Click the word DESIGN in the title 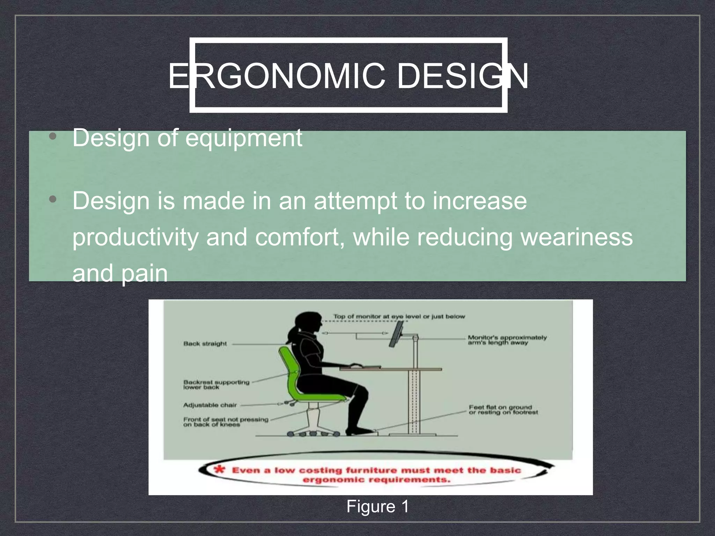pos(462,76)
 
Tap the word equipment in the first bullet pos(243,138)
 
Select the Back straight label pos(205,344)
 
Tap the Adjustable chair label pos(210,405)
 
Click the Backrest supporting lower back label pos(216,385)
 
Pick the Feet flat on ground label pos(503,410)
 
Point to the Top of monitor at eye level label pos(399,317)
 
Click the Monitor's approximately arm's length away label pos(507,340)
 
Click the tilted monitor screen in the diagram pos(397,334)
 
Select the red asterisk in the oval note pos(220,469)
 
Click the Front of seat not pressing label pos(225,422)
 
